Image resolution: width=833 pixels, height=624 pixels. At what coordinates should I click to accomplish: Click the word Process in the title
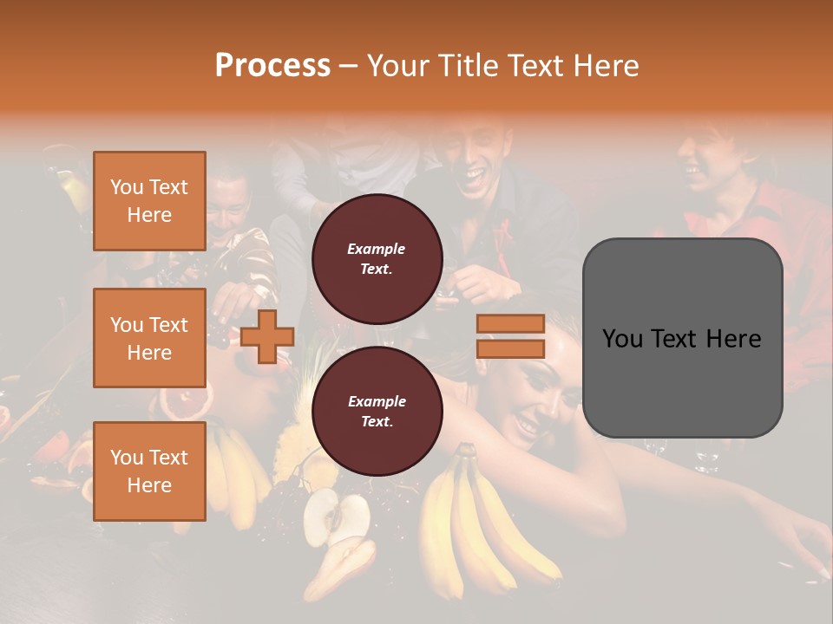pos(272,66)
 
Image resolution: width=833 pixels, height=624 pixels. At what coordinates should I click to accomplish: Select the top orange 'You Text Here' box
pos(149,201)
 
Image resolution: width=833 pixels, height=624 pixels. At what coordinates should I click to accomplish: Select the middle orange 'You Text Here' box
pos(149,338)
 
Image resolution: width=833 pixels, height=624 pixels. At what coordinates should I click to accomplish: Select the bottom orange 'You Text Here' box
pos(149,471)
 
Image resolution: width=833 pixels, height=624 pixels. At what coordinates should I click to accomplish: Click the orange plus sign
pos(267,337)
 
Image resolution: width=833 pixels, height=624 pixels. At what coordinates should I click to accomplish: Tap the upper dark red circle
pos(377,258)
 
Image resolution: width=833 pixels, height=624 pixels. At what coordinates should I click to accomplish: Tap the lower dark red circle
pos(377,411)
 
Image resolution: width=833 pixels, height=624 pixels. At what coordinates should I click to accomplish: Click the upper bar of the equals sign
pos(510,324)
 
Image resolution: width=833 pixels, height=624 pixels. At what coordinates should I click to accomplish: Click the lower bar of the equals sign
pos(510,349)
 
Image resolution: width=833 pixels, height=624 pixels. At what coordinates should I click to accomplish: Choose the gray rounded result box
pos(682,338)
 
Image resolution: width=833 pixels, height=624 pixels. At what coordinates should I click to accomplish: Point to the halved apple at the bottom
pos(336,518)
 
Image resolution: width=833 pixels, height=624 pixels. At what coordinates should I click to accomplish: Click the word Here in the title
pos(608,66)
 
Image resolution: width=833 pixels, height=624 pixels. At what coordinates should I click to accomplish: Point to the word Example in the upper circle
pos(377,249)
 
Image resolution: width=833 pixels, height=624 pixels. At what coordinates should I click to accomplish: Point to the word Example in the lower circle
pos(377,401)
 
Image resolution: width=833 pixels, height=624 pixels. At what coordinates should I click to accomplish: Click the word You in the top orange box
pos(126,187)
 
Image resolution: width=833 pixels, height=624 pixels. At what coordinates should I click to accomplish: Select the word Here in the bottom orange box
pos(149,485)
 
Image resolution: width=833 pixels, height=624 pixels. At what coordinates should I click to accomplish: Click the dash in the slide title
pos(349,67)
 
